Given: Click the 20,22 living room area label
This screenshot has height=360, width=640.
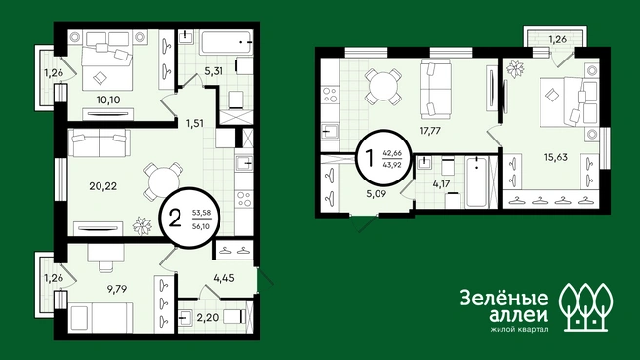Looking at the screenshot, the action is pos(102,186).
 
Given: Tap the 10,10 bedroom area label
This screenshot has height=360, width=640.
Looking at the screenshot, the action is pos(108,100).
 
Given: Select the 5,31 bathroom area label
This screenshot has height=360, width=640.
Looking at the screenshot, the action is pos(214,71).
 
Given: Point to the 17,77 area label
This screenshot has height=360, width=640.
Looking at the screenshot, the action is pos(430,131).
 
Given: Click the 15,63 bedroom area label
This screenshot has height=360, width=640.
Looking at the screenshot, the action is pos(556,157).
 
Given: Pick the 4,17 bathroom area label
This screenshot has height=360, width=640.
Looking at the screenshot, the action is pos(441,183).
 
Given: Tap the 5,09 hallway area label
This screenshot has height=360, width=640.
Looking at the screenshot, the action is pos(377,194).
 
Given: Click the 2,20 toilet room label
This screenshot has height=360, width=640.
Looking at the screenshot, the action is pos(207,317).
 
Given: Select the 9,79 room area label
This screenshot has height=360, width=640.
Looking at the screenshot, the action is pos(117,289).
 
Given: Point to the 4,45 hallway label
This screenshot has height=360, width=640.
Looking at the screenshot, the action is pos(223,278).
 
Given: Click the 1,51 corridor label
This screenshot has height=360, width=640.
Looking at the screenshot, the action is pos(195,123).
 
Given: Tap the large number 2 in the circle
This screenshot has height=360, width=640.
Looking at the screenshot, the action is pos(175,219).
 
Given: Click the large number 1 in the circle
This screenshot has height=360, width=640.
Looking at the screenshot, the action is pos(370,158).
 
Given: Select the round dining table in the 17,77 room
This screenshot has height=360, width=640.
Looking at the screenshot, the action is pos(382,87).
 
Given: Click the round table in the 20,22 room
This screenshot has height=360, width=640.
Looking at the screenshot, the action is pos(163,180).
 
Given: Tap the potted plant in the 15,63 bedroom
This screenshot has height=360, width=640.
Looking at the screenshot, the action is pos(515,69).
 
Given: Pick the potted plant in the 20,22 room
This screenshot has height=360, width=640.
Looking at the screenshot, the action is pos(142,226).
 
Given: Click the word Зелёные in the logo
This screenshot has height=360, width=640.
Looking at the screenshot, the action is pos(504,298).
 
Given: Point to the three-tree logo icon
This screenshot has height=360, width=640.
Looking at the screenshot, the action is pos(585,306).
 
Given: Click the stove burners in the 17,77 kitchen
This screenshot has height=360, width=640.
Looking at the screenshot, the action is pos(330,95).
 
